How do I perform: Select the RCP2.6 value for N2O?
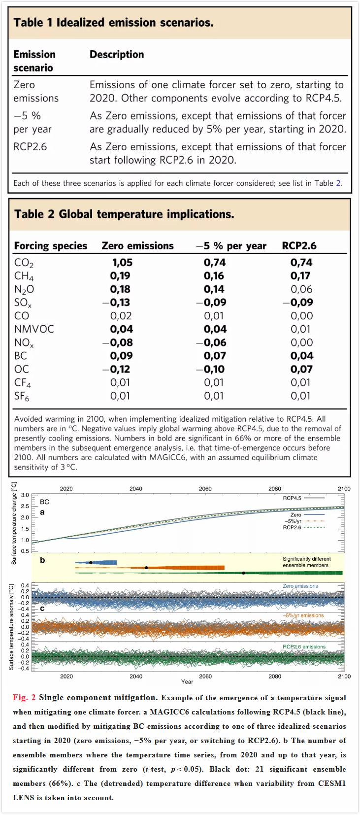301,289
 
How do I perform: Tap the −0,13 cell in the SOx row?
116,303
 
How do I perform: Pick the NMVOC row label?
34,329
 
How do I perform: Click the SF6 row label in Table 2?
22,396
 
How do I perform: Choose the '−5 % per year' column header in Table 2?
231,246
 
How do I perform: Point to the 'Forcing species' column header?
51,246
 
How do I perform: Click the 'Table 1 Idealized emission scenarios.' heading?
113,23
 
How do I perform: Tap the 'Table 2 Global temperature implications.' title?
124,214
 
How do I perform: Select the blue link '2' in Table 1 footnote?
338,183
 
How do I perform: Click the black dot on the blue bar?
91,563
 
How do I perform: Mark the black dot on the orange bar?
146,568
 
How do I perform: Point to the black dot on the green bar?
244,573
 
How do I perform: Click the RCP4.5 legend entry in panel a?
304,498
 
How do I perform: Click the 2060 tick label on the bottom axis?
205,677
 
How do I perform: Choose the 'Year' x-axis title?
187,682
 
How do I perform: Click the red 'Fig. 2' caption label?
24,697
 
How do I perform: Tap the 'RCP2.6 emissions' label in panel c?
304,646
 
